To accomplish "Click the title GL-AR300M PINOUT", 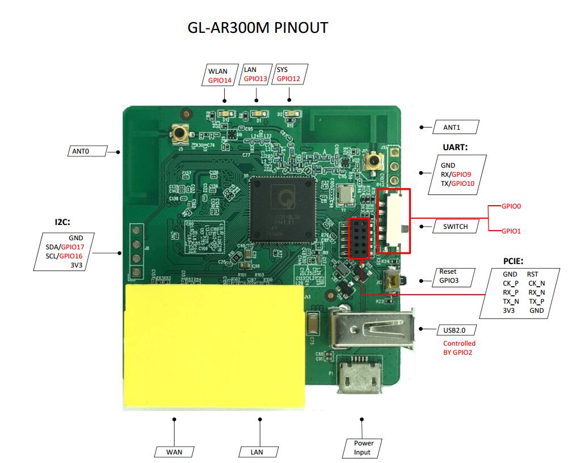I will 258,27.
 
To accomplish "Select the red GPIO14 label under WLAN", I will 220,80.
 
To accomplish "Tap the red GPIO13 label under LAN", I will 255,79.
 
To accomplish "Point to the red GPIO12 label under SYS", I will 288,79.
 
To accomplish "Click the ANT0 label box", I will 81,151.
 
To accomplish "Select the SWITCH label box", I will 456,227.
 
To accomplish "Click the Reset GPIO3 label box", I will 448,276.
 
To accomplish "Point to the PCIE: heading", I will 513,261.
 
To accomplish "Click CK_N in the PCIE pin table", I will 536,283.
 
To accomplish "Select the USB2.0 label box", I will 456,330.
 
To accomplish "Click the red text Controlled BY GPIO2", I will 459,348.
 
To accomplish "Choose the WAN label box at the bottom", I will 174,452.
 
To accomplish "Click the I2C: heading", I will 62,222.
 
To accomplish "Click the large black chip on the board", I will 281,209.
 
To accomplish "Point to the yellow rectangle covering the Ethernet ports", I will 214,346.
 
